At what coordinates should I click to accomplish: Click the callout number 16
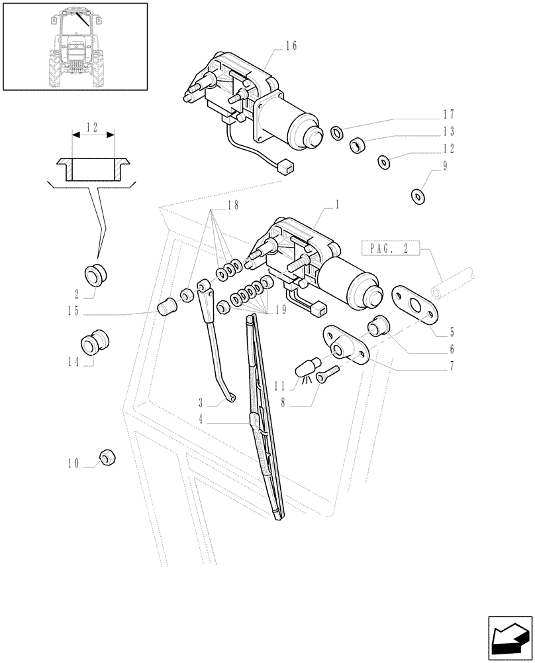[x=291, y=46]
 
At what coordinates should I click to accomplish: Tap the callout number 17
[x=449, y=114]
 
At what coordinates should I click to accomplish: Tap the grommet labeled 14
[x=94, y=342]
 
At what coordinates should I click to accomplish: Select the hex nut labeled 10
[x=107, y=457]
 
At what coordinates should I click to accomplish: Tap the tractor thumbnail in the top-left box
[x=75, y=45]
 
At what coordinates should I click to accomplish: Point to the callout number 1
[x=337, y=206]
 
